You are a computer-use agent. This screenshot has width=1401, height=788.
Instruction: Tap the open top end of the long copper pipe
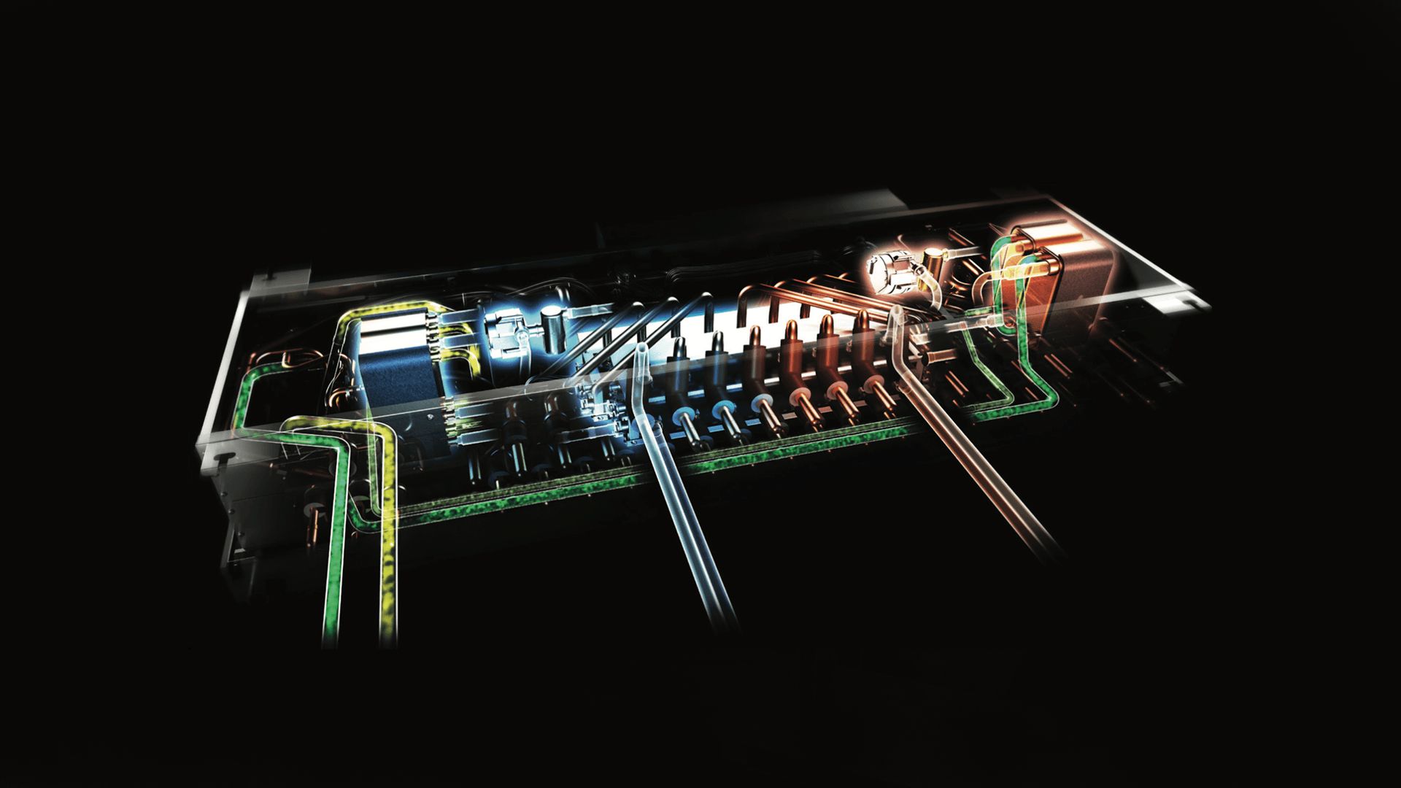coord(895,314)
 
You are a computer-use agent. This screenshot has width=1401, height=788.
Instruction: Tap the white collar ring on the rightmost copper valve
coord(872,384)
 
